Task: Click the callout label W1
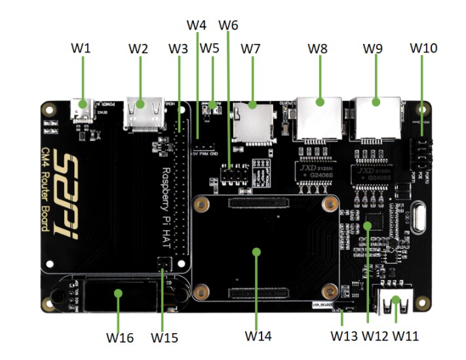83,49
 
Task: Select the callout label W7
250,49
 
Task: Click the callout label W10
423,49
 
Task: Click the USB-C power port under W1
83,108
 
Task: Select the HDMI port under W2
146,108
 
